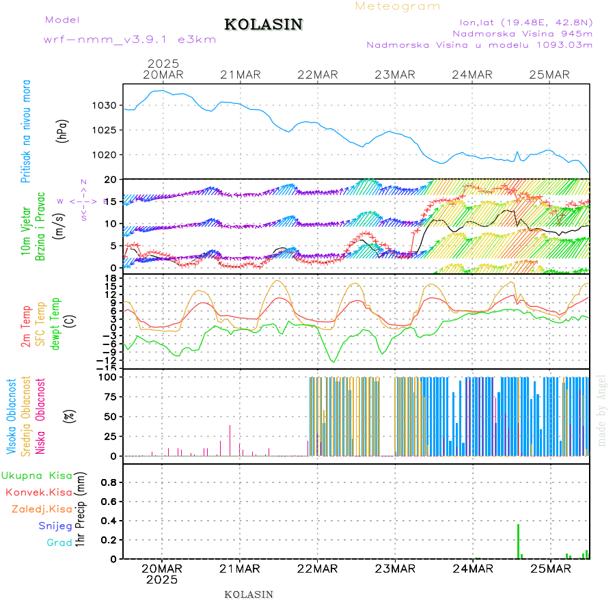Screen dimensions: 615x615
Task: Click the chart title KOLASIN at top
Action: click(263, 25)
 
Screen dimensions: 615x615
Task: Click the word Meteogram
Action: click(398, 6)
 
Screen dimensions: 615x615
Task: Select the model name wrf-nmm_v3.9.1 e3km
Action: click(130, 40)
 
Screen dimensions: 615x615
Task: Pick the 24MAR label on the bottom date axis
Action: click(472, 568)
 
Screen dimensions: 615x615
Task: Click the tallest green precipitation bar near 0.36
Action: click(519, 541)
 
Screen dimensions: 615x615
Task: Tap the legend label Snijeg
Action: click(55, 526)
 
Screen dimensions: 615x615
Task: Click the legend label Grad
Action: click(59, 543)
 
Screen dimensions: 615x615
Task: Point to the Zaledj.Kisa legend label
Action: click(42, 509)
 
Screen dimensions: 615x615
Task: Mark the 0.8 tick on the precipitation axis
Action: click(107, 482)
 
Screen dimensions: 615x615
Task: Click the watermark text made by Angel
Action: click(602, 410)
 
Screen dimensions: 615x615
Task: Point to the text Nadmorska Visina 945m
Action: click(523, 32)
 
